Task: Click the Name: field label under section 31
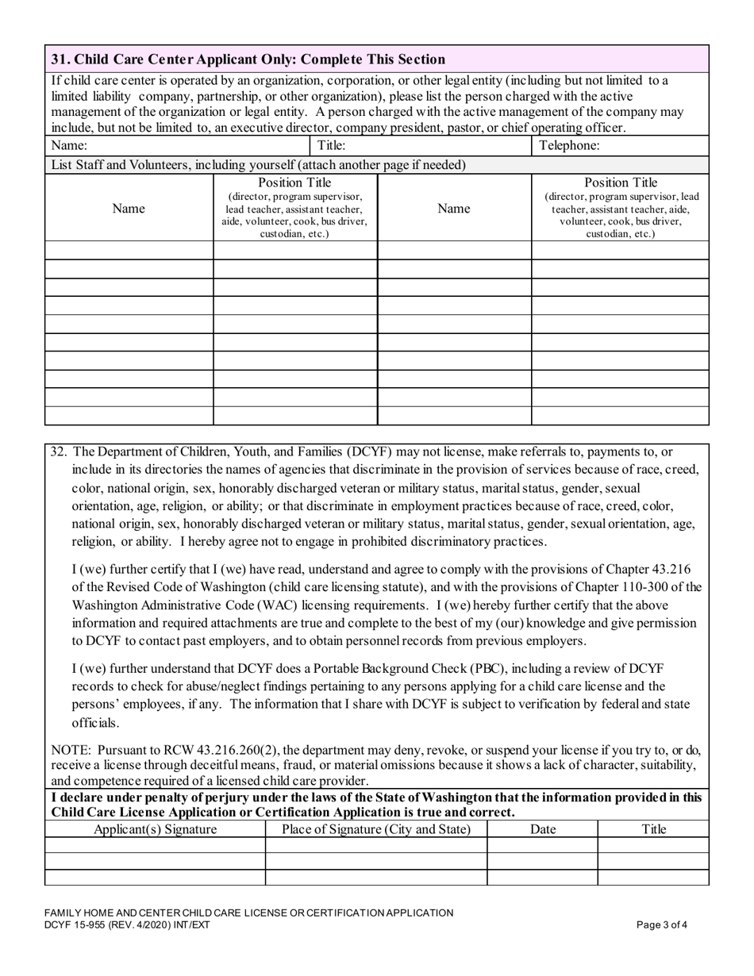(x=69, y=146)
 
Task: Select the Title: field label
(x=331, y=146)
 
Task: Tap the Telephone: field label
(x=569, y=146)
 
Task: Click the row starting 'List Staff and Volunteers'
(x=258, y=165)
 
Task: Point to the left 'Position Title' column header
(x=294, y=183)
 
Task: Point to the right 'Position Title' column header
(x=620, y=183)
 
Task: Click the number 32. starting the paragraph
(x=59, y=451)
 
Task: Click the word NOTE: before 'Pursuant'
(x=71, y=750)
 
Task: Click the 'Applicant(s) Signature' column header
(x=155, y=829)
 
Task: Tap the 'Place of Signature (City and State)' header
(x=376, y=829)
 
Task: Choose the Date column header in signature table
(x=542, y=829)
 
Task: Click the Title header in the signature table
(x=653, y=829)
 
